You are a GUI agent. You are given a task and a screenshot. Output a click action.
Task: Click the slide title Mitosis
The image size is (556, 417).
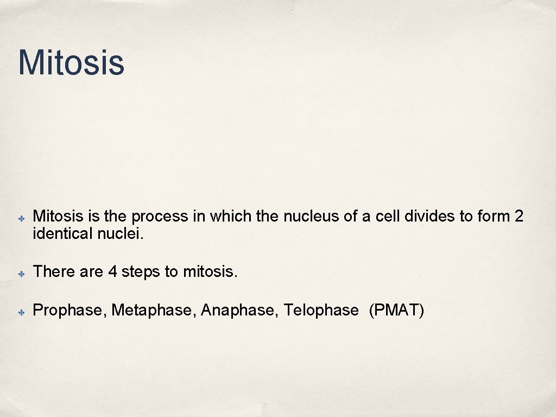[x=71, y=62]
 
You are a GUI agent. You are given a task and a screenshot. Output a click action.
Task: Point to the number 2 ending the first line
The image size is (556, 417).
[x=519, y=217]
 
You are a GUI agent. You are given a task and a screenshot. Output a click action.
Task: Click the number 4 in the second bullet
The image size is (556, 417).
[x=112, y=271]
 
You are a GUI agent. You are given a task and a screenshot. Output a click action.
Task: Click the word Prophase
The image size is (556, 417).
[x=71, y=311]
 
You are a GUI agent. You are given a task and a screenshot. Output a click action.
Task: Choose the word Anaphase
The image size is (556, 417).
[x=239, y=311]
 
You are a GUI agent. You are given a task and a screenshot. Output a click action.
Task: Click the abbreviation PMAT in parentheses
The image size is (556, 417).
[x=396, y=311]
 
